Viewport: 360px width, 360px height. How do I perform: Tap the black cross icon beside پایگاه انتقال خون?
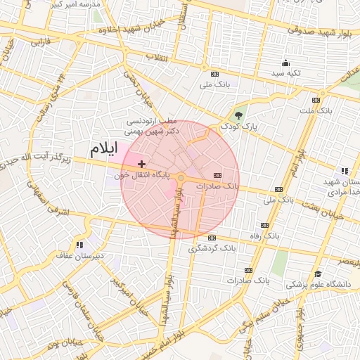click(x=141, y=163)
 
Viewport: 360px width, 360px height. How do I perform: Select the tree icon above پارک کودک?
click(x=240, y=116)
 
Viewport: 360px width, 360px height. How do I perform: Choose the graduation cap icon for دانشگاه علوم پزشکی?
click(x=317, y=274)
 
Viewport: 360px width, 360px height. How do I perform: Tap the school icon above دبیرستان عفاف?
click(x=79, y=245)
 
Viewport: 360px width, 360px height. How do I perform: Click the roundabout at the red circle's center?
click(x=181, y=179)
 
